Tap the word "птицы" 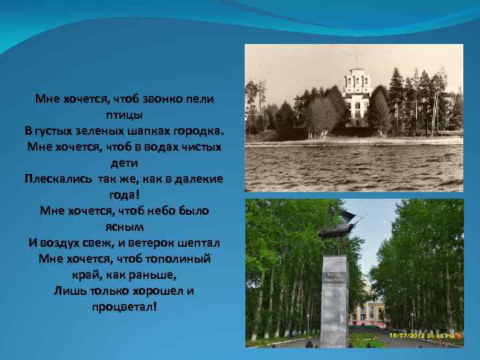coord(125,113)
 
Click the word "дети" coord(124,162)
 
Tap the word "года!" coord(125,195)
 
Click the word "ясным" coord(125,226)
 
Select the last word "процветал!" coord(125,307)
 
